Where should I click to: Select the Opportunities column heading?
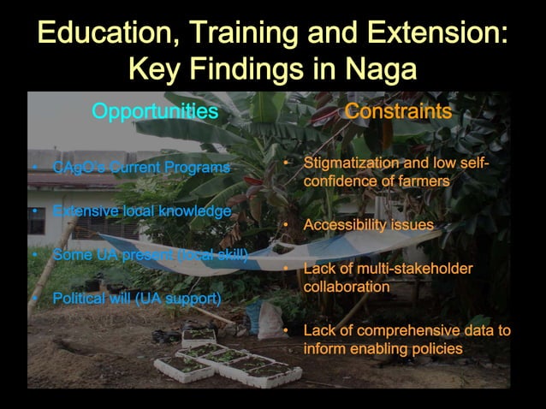[155, 111]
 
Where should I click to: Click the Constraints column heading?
[398, 111]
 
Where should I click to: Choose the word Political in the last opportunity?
[78, 299]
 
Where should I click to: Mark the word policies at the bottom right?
[435, 348]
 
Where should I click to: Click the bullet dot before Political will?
[33, 299]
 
